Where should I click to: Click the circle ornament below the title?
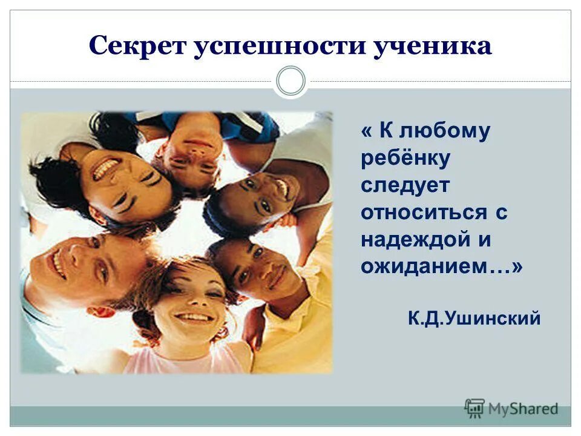[x=290, y=81]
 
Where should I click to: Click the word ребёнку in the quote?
[x=405, y=159]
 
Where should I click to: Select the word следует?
[x=405, y=185]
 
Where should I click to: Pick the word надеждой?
[x=417, y=240]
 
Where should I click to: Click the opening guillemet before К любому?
[x=367, y=131]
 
